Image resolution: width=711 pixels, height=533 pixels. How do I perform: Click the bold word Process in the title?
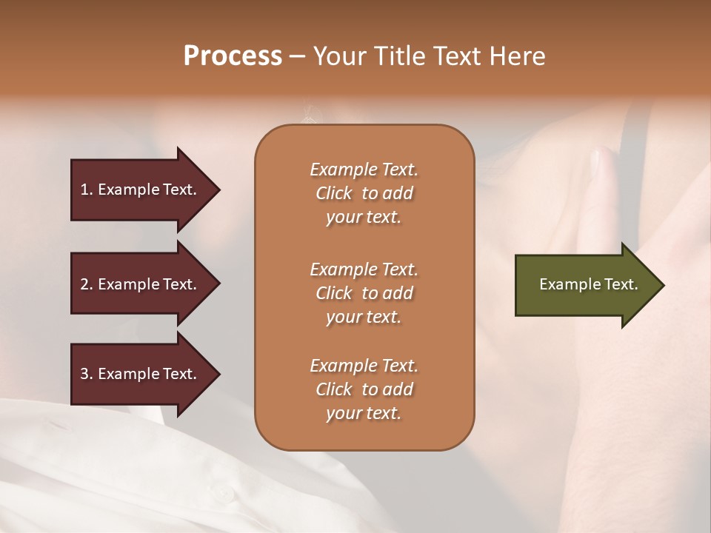tap(233, 56)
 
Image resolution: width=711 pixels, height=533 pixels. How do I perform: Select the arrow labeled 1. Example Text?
tap(141, 190)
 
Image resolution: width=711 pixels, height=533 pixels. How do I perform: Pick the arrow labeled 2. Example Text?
tap(141, 284)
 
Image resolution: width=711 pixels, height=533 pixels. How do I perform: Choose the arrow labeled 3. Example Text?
tap(141, 374)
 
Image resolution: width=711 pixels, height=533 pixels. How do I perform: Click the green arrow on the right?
tap(585, 284)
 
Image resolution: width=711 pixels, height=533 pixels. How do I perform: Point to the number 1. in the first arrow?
tap(87, 190)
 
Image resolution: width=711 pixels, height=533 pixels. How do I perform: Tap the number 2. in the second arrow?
tap(87, 284)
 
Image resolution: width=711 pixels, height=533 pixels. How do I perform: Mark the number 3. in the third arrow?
tap(87, 374)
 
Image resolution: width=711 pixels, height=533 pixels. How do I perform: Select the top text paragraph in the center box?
tap(364, 193)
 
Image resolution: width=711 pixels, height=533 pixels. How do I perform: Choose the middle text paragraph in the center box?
tap(364, 293)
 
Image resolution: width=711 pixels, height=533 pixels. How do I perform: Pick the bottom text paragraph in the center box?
tap(364, 389)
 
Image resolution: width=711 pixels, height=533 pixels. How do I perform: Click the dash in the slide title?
tap(296, 56)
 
